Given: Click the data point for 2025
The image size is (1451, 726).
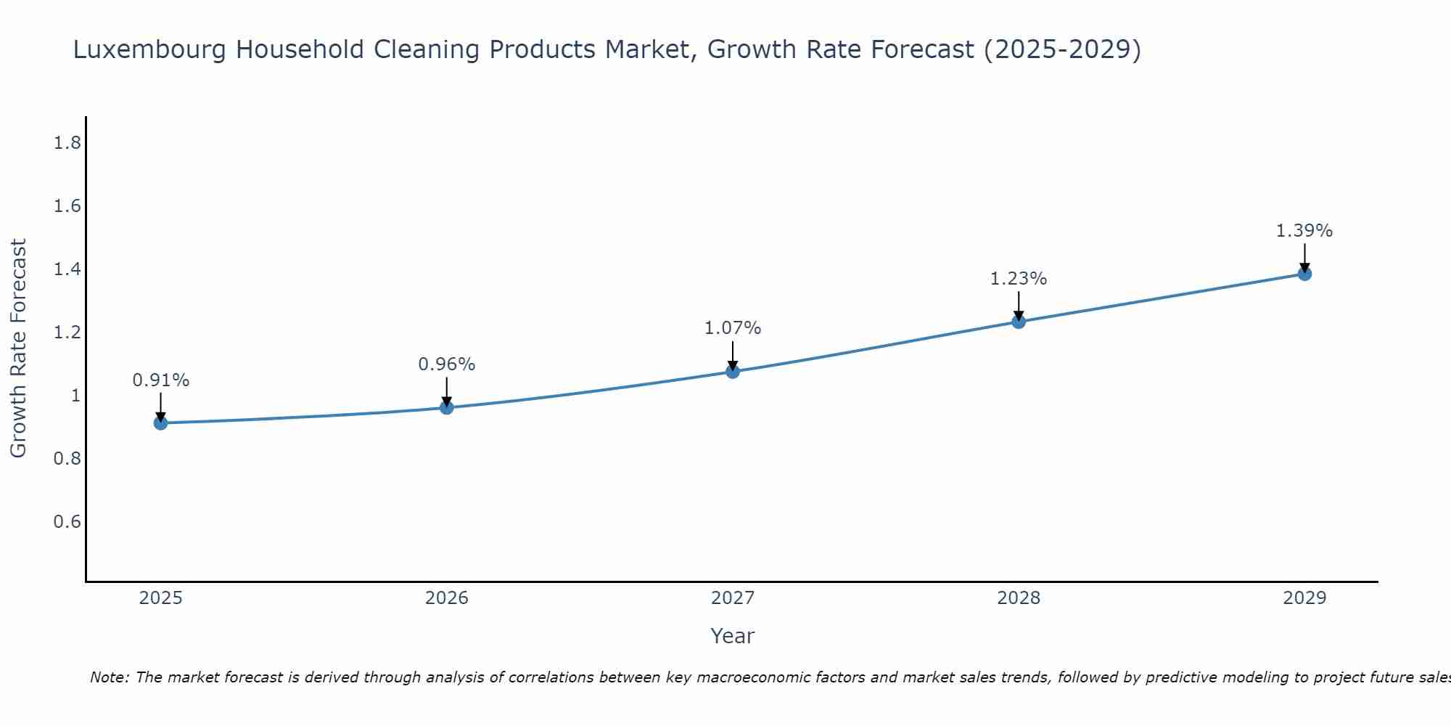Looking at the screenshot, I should click(160, 423).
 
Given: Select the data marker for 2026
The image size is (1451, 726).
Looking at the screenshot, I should click(447, 407).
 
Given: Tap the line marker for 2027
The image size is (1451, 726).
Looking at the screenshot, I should click(733, 372).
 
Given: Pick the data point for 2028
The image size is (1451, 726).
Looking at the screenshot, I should click(1019, 322).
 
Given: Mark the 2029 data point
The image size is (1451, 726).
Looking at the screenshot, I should click(1304, 274).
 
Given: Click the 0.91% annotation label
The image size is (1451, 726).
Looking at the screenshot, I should click(161, 380).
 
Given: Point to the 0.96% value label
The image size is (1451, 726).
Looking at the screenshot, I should click(447, 364).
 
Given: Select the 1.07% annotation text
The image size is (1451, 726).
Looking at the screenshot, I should click(733, 328).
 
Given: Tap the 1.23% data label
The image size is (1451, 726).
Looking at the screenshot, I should click(1019, 279).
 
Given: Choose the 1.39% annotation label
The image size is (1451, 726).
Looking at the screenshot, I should click(1304, 231).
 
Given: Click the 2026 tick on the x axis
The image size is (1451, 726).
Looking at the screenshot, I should click(447, 598).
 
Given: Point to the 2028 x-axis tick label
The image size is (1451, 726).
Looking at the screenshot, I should click(1019, 598).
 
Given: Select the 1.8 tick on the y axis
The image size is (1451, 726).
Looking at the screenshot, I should click(67, 143).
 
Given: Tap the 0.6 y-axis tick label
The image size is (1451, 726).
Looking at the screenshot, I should click(67, 522).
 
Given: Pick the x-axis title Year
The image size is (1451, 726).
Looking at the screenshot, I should click(733, 636).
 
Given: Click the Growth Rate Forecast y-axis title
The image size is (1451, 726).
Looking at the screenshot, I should click(18, 348).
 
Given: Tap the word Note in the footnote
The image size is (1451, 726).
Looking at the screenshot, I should click(109, 677).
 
